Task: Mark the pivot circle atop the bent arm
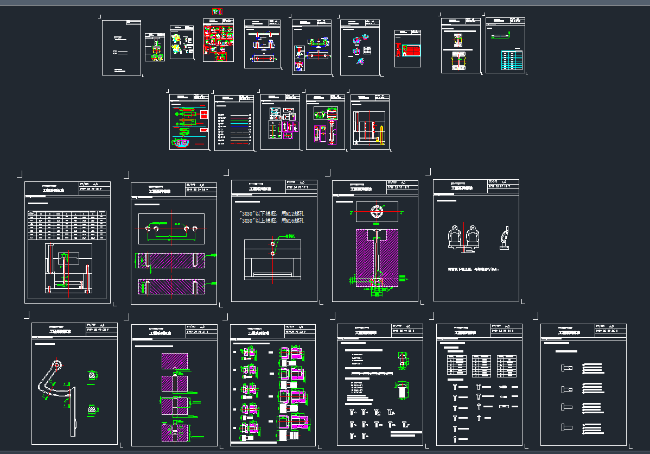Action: coord(56,364)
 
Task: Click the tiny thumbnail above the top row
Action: coord(218,11)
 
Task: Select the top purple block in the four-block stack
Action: coord(175,361)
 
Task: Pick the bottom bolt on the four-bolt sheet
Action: coord(566,427)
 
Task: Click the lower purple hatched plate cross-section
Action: coord(171,287)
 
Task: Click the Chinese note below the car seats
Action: coord(473,269)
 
